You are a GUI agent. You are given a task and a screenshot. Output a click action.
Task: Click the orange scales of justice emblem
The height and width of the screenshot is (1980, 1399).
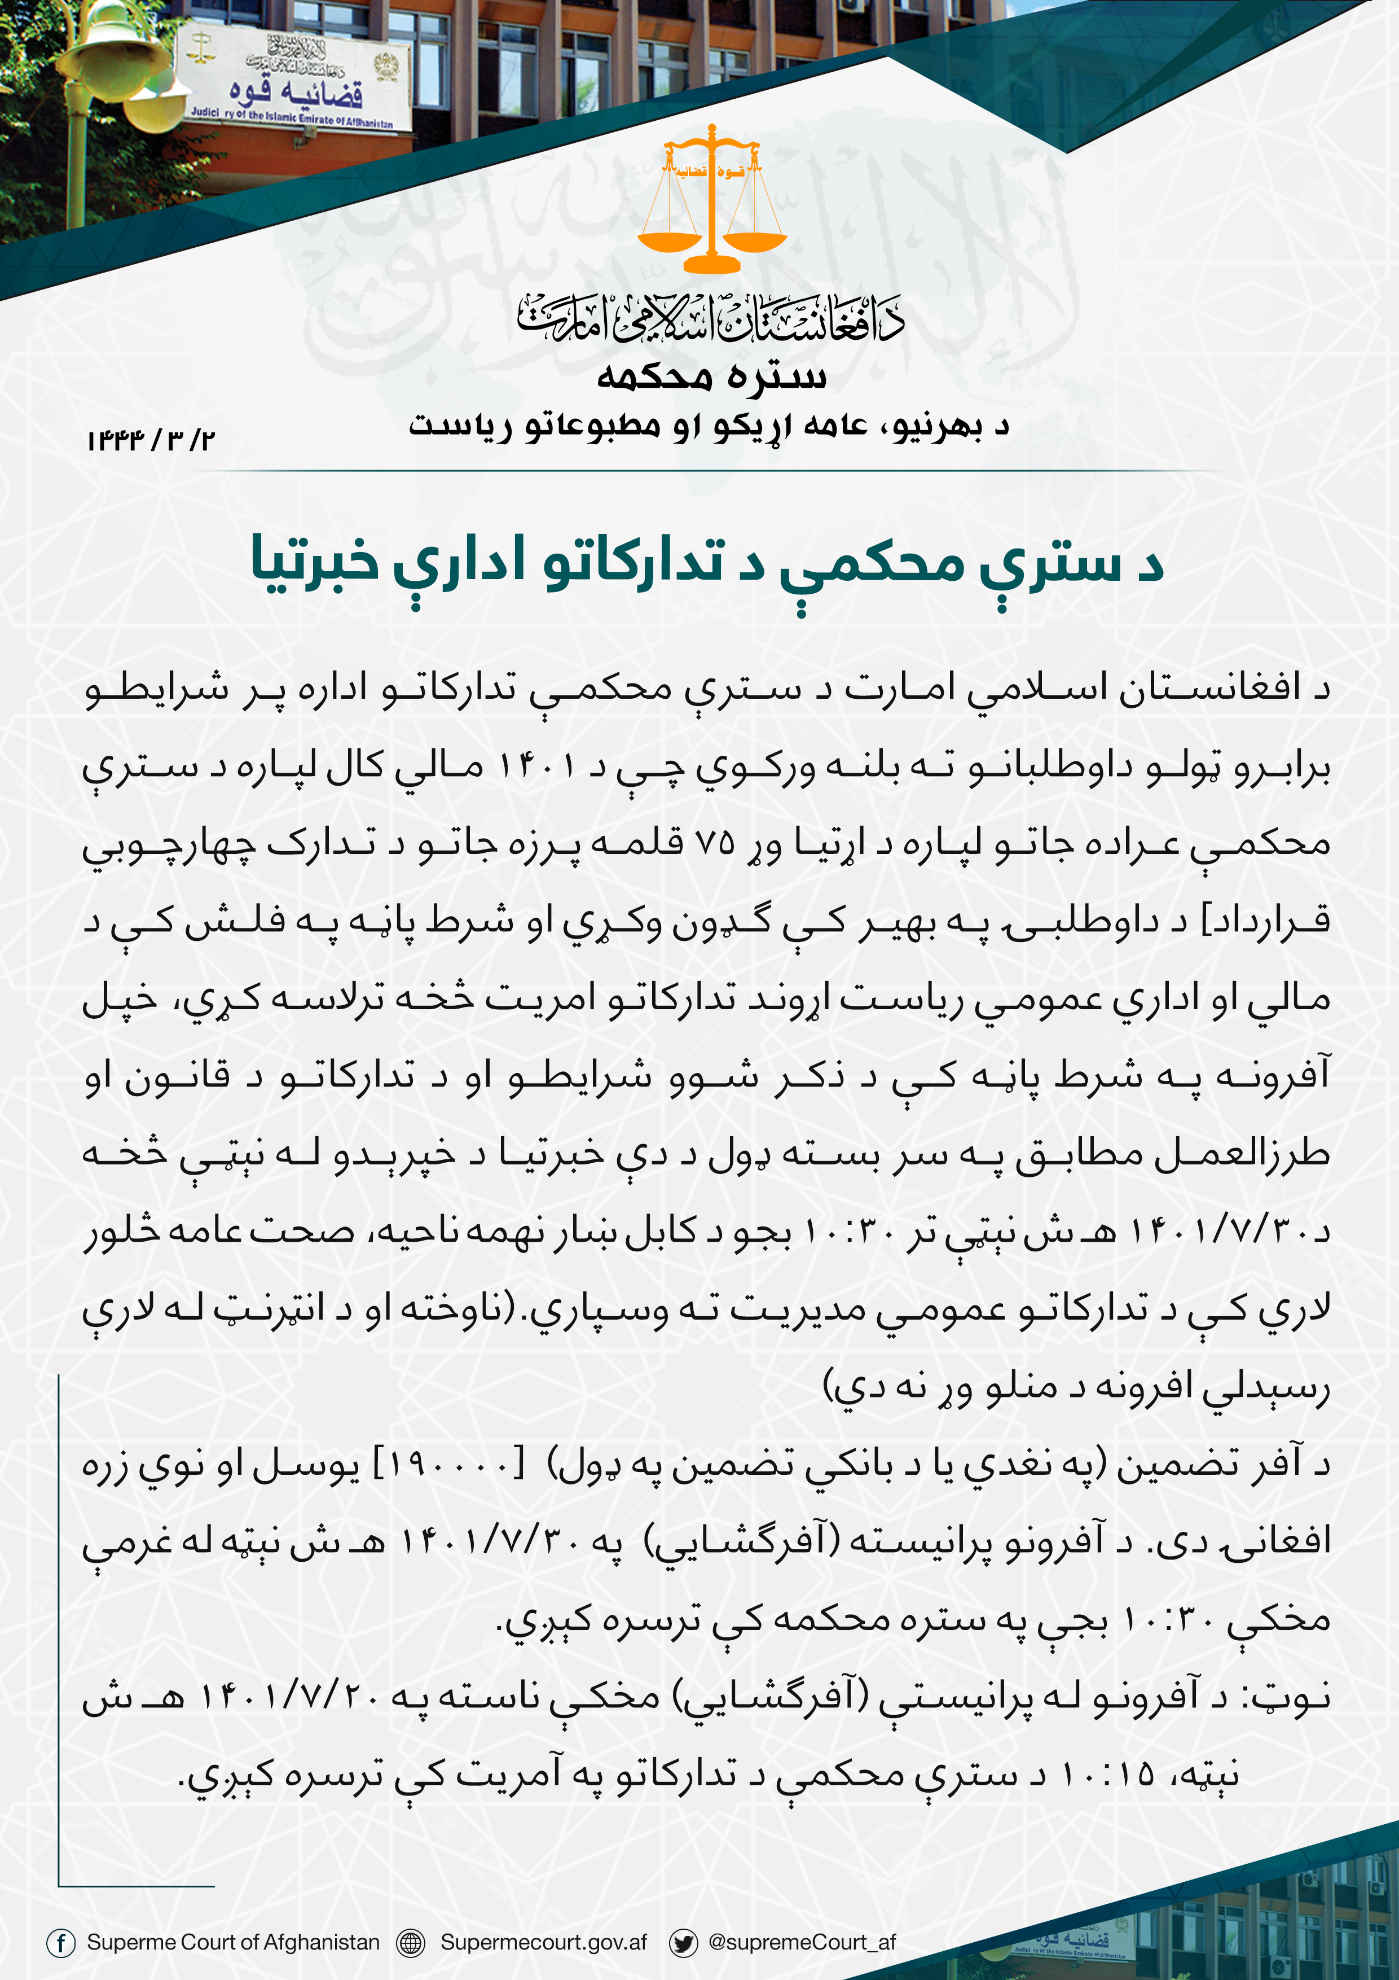click(711, 200)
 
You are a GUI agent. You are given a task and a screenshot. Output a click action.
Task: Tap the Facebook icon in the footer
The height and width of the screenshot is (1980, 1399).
click(60, 1942)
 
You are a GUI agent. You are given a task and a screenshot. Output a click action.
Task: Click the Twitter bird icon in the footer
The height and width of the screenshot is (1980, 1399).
click(684, 1942)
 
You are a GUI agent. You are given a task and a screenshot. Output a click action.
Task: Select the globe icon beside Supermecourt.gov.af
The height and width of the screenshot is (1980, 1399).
click(410, 1942)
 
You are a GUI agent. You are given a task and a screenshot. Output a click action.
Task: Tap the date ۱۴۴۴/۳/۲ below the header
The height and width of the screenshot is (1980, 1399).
click(150, 440)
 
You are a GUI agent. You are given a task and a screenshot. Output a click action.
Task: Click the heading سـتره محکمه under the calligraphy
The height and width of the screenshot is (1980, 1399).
click(711, 376)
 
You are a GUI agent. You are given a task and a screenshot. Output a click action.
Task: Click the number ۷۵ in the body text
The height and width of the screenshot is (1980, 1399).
click(715, 843)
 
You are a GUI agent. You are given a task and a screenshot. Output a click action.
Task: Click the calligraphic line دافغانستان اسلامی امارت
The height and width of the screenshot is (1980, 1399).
click(711, 317)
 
